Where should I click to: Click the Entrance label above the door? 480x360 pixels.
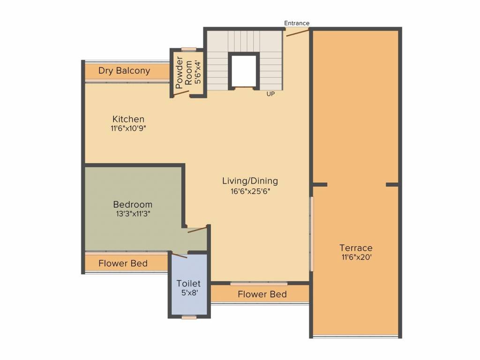coord(297,23)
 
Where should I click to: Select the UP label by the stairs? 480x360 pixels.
coord(270,94)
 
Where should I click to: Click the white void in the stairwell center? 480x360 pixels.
coord(243,71)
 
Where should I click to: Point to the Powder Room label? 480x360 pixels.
coord(184,73)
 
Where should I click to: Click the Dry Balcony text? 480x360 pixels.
coord(124,71)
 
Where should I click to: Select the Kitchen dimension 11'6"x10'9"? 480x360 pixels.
coord(128,128)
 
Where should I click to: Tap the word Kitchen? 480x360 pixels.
coord(128,119)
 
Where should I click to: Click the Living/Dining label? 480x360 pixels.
coord(250,181)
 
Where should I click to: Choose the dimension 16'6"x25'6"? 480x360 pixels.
coord(250,192)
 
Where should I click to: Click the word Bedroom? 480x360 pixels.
coord(133,204)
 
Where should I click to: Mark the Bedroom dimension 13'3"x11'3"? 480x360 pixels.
coord(133,214)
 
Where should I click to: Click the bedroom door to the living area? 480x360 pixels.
coord(197,230)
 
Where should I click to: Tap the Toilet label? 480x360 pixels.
coord(188,284)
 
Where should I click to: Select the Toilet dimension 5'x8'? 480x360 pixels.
coord(189,292)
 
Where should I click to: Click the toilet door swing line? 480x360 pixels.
coord(180,255)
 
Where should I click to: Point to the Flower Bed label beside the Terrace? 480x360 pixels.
coord(262,294)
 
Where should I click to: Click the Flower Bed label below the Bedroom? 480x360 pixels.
coord(123,263)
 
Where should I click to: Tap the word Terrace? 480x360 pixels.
coord(356,247)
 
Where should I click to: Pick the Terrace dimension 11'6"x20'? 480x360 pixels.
coord(357,257)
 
